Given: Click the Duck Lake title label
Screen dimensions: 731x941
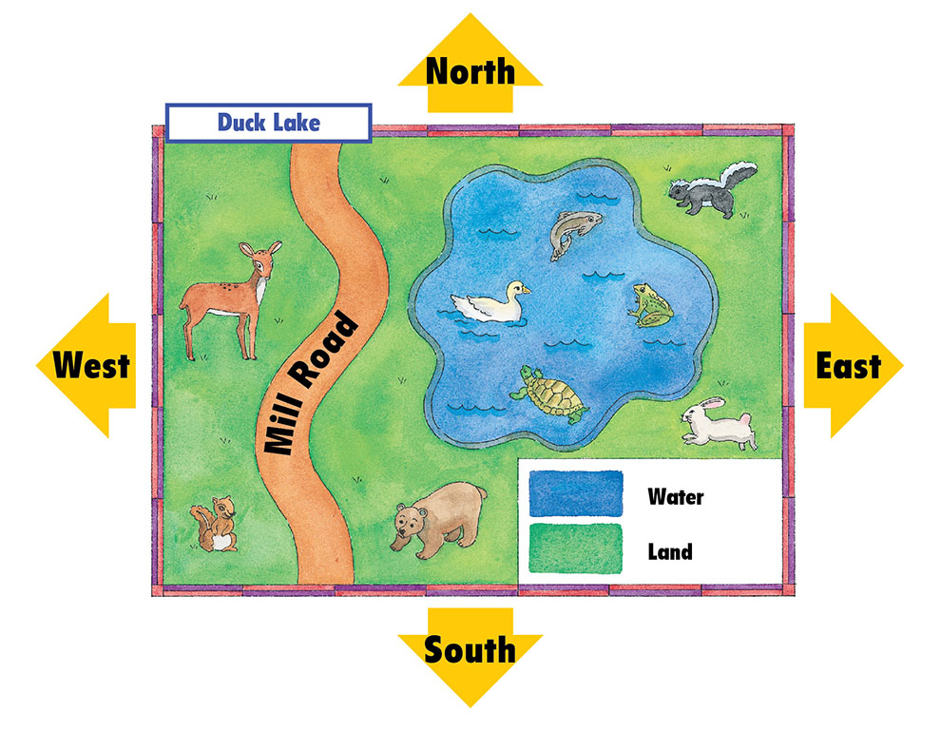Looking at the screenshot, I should [x=268, y=123].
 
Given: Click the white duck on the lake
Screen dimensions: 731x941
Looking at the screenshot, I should [x=491, y=303].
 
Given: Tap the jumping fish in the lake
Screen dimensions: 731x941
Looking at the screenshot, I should [x=573, y=231].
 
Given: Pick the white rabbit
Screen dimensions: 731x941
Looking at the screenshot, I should [x=719, y=424].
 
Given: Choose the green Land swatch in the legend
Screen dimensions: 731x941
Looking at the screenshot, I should [x=575, y=549].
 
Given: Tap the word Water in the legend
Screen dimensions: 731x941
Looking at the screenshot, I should [x=675, y=495].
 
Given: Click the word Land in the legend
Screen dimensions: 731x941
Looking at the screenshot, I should [x=669, y=550].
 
